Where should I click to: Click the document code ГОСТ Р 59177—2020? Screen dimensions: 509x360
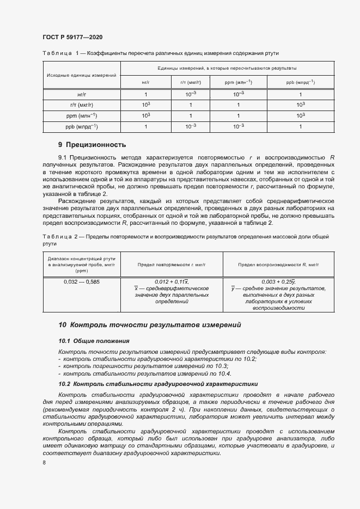(72, 37)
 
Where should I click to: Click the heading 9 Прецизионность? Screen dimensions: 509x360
(92, 145)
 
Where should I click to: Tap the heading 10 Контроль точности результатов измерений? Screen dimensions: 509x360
(150, 324)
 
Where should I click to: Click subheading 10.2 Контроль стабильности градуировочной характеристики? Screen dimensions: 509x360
(157, 384)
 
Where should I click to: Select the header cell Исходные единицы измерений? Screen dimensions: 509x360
(82, 75)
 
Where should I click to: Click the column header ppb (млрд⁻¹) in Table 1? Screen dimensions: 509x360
(300, 82)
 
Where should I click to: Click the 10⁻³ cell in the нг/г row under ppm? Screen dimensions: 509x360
(238, 94)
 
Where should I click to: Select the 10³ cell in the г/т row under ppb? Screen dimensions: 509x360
(300, 105)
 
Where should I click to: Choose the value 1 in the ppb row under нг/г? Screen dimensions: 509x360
(145, 127)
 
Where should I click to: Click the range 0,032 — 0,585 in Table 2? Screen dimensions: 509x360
(82, 282)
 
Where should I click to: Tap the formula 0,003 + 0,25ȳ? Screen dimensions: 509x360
(278, 281)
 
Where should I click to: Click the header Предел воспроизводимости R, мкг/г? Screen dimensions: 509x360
(278, 265)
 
